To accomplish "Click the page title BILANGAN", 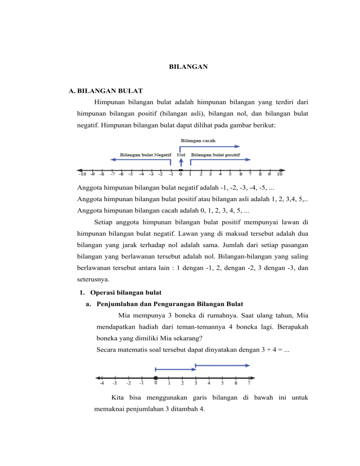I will pyautogui.click(x=188, y=67).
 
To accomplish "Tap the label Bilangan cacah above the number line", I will pyautogui.click(x=198, y=140).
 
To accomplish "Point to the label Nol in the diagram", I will pyautogui.click(x=181, y=155).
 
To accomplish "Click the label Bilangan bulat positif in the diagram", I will pyautogui.click(x=215, y=155).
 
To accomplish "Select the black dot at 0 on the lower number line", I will pyautogui.click(x=156, y=378).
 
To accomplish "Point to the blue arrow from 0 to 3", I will pyautogui.click(x=175, y=369).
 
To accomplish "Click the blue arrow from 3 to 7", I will pyautogui.click(x=222, y=365).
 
